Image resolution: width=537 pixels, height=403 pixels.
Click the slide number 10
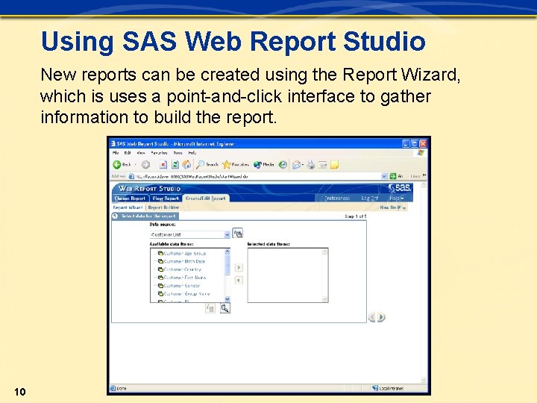click(x=20, y=392)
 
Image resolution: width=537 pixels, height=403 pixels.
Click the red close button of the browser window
click(x=424, y=143)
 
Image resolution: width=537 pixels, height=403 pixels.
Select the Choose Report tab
click(x=131, y=199)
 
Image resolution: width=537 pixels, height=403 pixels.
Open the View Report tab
click(x=166, y=199)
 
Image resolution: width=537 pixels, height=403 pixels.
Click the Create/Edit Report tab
click(x=205, y=199)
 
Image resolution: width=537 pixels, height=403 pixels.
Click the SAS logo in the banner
click(x=400, y=188)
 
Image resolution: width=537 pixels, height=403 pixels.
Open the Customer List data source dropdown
click(x=227, y=234)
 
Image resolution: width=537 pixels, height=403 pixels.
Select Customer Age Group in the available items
click(x=184, y=254)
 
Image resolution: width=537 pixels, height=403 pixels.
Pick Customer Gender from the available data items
click(x=181, y=286)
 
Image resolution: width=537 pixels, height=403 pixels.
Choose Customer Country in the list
click(x=182, y=269)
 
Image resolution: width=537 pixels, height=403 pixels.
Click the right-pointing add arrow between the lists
click(x=239, y=267)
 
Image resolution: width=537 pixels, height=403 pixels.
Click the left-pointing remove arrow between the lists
click(x=239, y=281)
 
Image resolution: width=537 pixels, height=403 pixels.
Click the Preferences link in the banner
click(x=337, y=199)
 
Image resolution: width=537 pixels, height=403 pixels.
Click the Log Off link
click(x=370, y=199)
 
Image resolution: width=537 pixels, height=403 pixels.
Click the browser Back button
click(x=122, y=164)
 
